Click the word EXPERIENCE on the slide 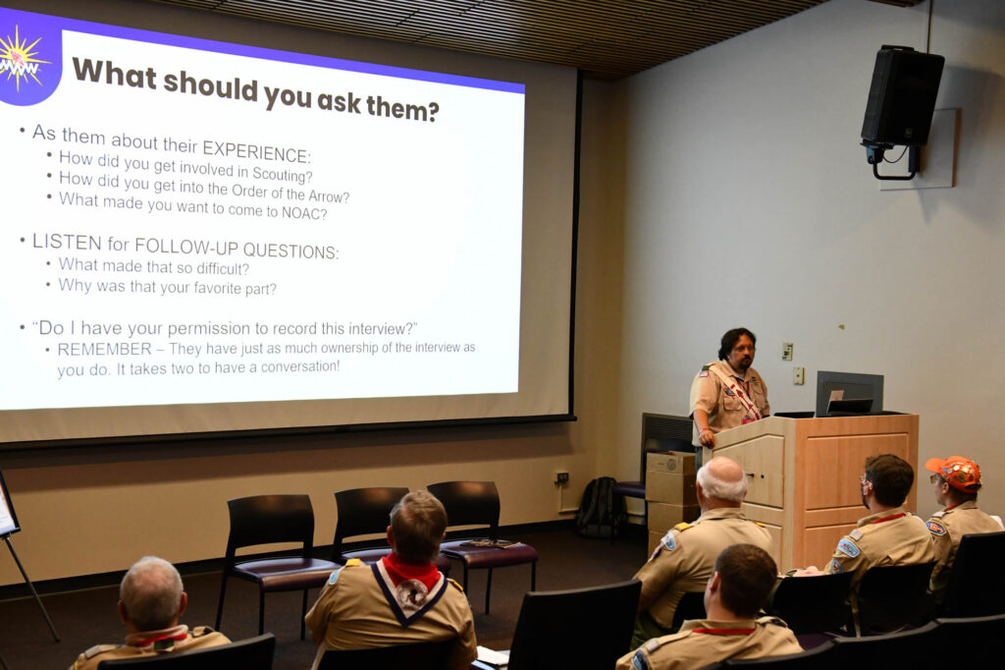click(x=256, y=151)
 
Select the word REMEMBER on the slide click(x=104, y=349)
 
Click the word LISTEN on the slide click(x=67, y=242)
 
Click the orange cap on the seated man click(x=956, y=473)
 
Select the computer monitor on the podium click(x=849, y=393)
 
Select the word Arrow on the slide click(x=329, y=195)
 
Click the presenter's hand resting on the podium click(x=707, y=438)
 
